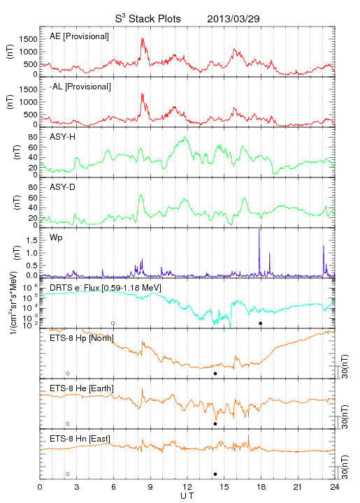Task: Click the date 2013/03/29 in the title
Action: (233, 19)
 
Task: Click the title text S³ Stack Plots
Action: (148, 18)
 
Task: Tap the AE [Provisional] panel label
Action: (79, 36)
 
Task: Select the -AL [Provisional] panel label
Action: (80, 87)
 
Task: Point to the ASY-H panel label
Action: (63, 137)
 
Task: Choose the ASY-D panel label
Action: (63, 187)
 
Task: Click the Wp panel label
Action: (56, 238)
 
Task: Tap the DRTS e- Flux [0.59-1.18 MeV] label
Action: (106, 288)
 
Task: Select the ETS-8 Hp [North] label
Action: (82, 338)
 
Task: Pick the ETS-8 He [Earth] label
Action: (82, 388)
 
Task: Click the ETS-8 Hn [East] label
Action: (80, 439)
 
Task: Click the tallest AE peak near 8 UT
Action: (142, 39)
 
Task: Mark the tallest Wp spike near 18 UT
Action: (259, 230)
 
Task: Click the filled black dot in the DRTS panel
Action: (261, 323)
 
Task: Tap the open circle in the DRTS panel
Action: (113, 323)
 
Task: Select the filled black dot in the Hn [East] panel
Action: (215, 474)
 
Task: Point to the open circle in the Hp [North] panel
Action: (68, 374)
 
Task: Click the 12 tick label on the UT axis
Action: (187, 487)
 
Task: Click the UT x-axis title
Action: (187, 496)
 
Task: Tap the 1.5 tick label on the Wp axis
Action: (31, 240)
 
